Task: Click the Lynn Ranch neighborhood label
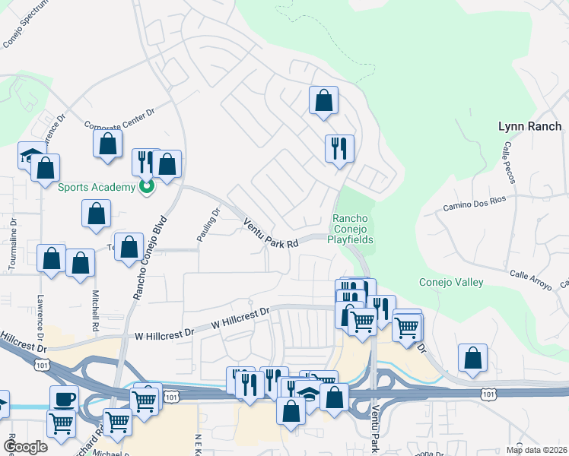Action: click(x=529, y=127)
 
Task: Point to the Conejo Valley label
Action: click(x=451, y=283)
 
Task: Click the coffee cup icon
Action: click(x=64, y=398)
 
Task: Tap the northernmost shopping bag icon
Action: click(x=323, y=100)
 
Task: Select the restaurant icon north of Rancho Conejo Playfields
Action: click(x=339, y=147)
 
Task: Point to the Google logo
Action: click(x=25, y=447)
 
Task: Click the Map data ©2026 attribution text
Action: click(x=536, y=450)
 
